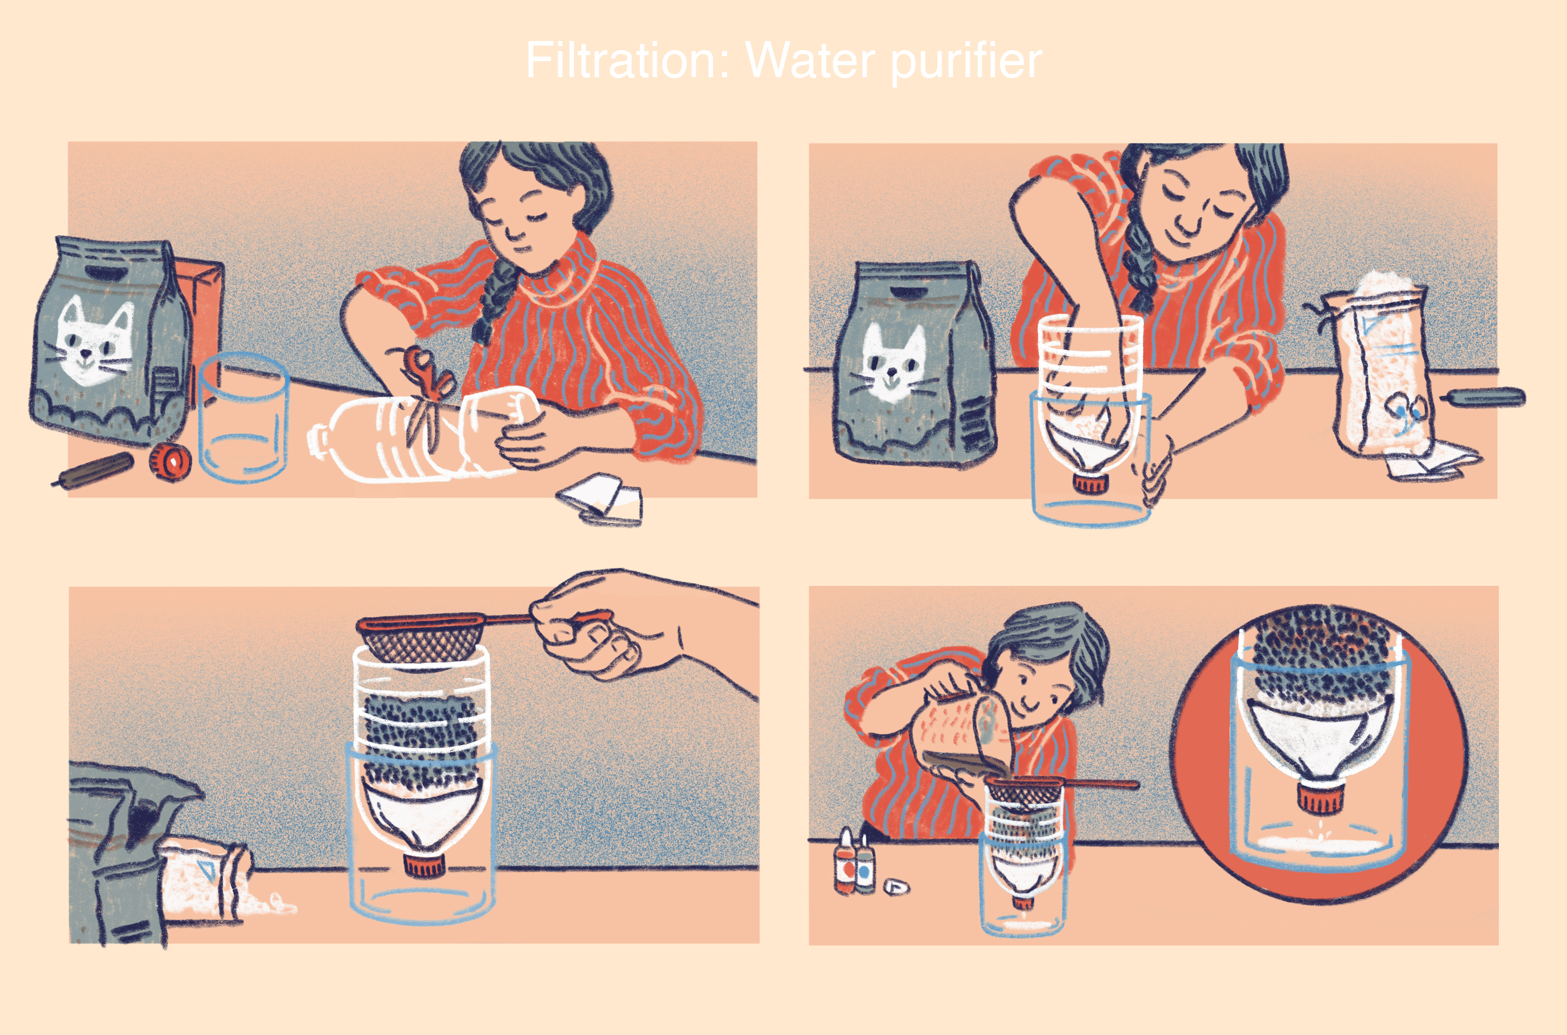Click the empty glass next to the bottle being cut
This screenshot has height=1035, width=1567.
tap(243, 417)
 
